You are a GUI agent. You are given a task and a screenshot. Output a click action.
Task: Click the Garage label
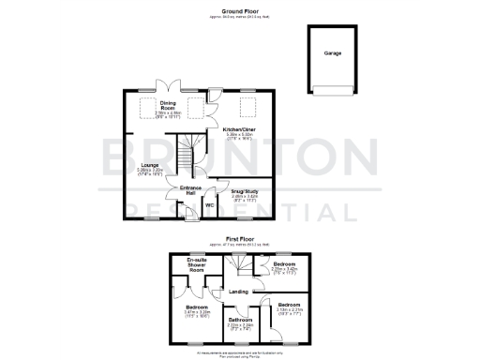tap(333, 53)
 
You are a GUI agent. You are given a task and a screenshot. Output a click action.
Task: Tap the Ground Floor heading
tap(239, 8)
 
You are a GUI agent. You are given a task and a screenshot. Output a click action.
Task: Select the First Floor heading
tap(239, 238)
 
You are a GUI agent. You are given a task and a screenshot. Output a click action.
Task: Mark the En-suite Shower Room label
tap(197, 263)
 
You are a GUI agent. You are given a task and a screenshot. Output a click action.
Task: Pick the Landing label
tap(238, 292)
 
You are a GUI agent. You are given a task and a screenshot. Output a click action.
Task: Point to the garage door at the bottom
tap(334, 89)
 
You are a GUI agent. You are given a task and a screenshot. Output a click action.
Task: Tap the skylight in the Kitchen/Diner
tap(249, 104)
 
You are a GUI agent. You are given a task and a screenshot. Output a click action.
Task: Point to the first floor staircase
tap(246, 268)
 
